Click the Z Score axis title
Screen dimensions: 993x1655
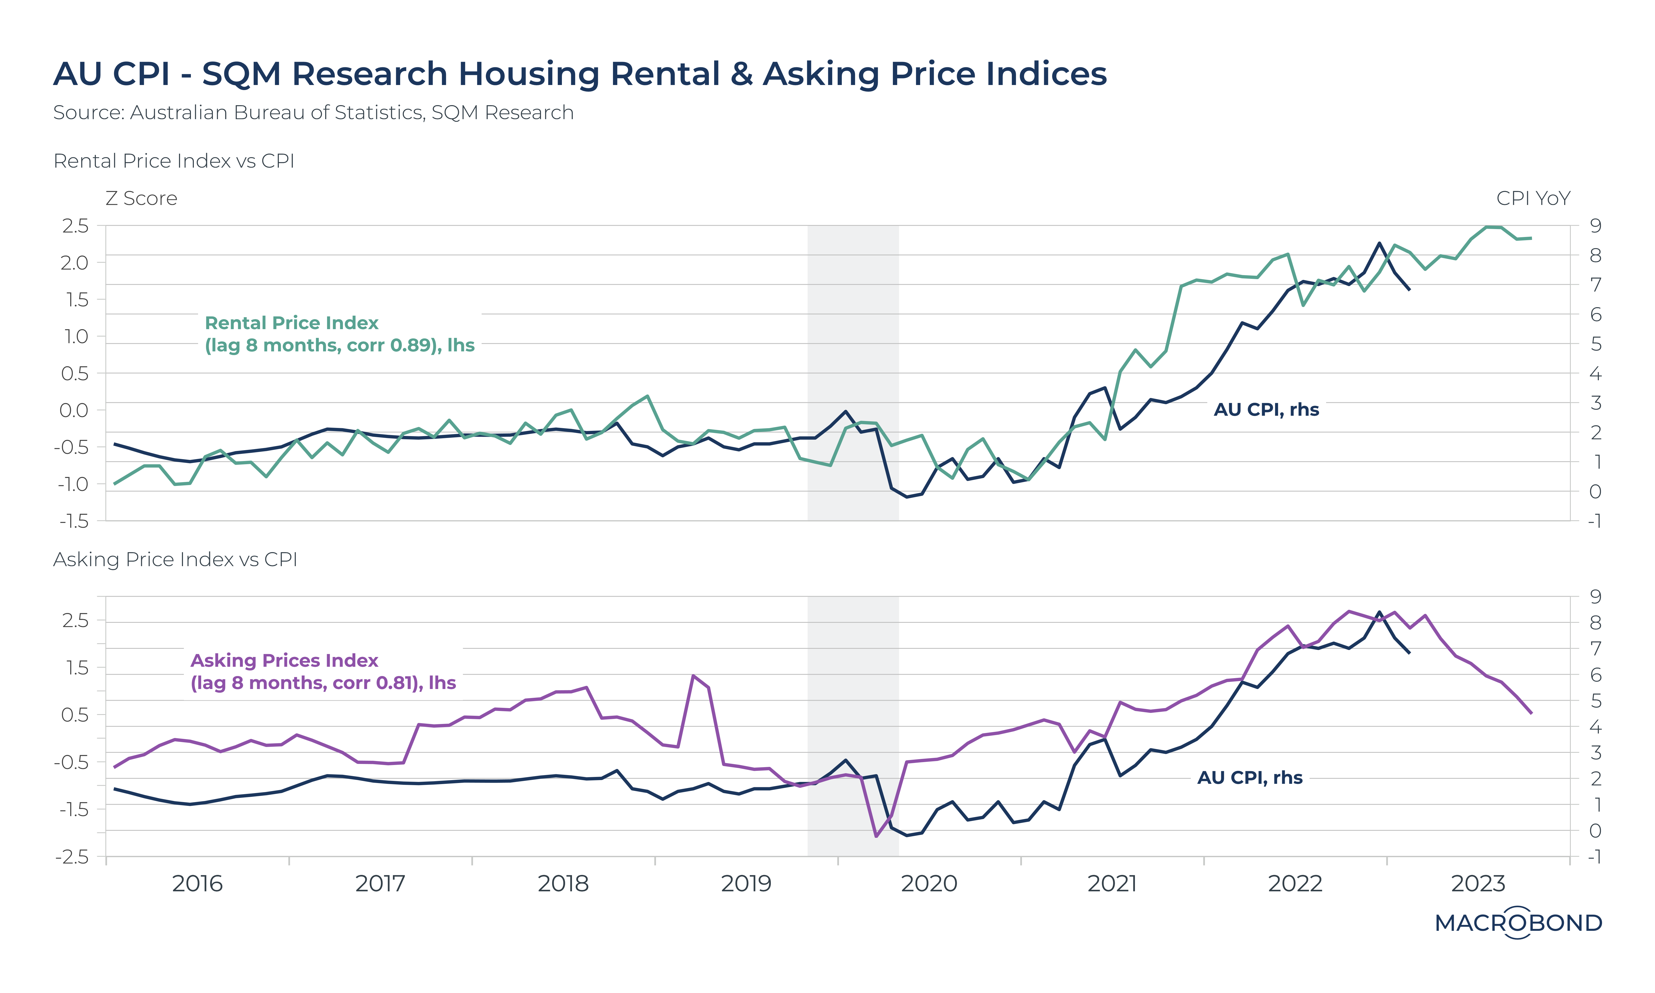(x=141, y=199)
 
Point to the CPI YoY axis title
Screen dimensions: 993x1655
(x=1533, y=199)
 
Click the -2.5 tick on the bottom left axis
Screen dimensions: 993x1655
(x=72, y=857)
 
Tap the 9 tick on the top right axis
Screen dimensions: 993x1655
(x=1595, y=226)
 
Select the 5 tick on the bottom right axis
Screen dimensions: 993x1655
(x=1595, y=701)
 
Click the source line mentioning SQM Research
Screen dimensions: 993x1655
(x=313, y=113)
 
